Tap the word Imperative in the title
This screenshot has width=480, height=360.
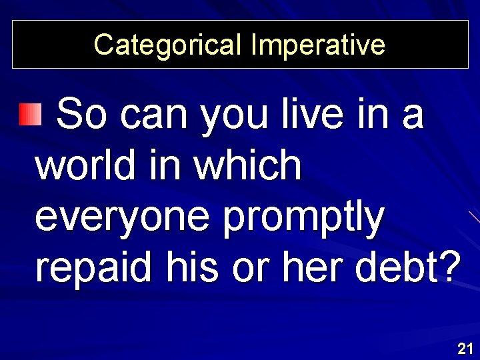(x=318, y=45)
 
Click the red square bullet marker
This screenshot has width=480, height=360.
(x=30, y=115)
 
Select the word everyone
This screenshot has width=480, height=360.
(x=123, y=217)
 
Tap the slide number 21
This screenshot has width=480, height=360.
(x=465, y=347)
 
